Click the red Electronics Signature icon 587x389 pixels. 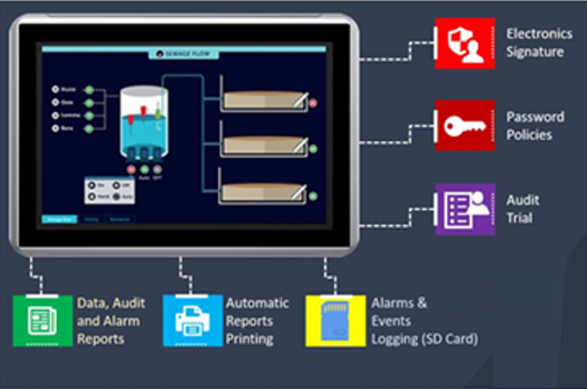click(464, 43)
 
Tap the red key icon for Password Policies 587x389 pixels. click(464, 126)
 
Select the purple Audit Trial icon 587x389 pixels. click(464, 209)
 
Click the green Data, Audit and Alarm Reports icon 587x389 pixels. click(43, 321)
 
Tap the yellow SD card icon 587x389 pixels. click(335, 321)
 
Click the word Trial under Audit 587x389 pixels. click(519, 218)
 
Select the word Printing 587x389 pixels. click(249, 339)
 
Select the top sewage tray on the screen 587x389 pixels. click(264, 100)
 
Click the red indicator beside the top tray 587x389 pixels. click(313, 103)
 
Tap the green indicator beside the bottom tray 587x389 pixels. click(313, 195)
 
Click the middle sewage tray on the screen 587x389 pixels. click(264, 145)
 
